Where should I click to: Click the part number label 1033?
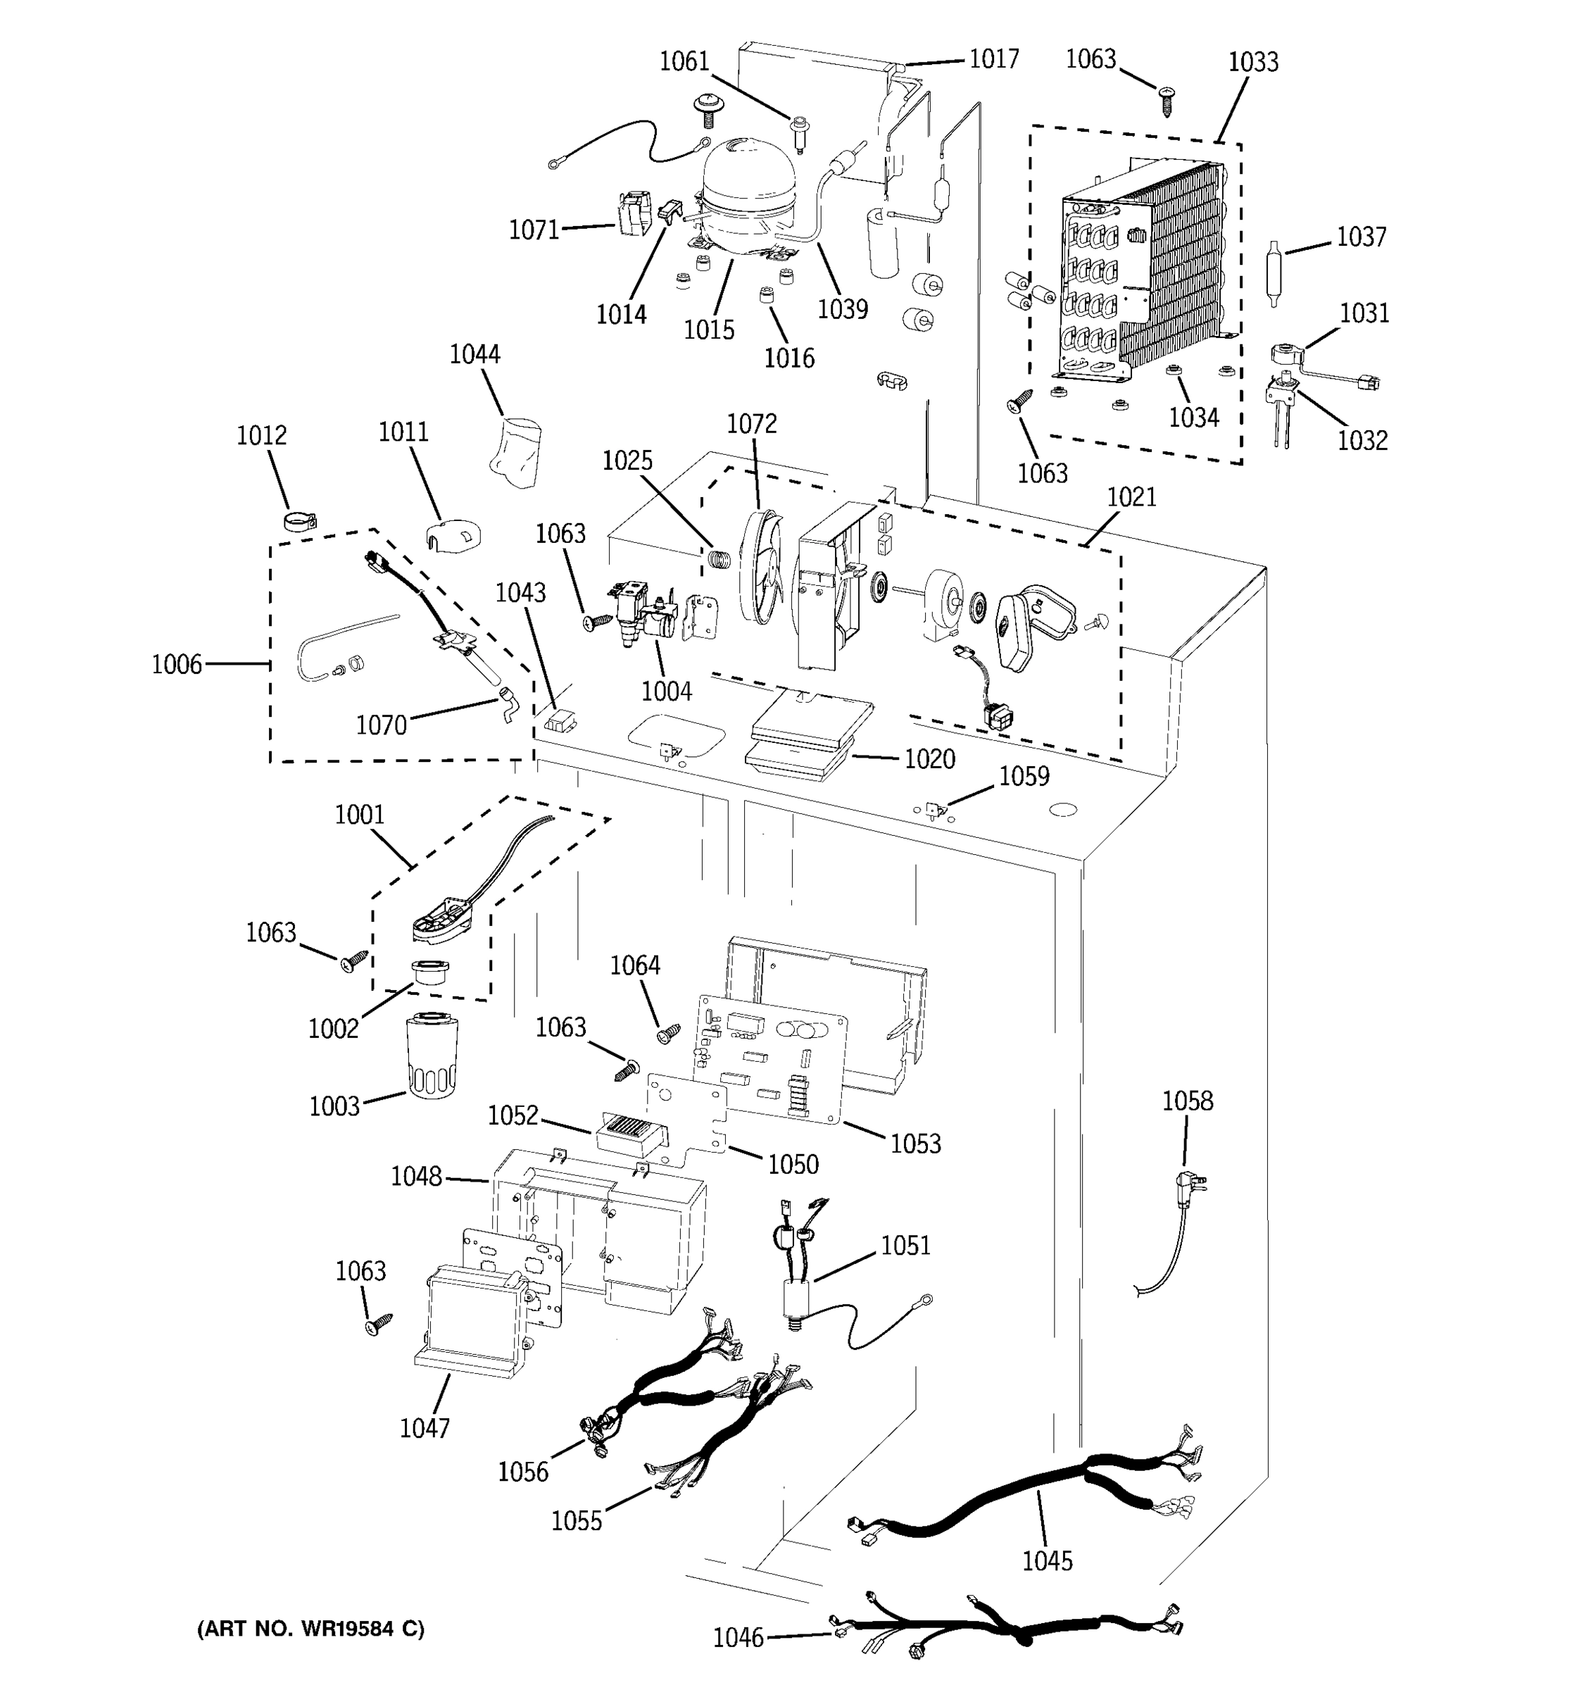(1252, 62)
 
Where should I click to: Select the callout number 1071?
(534, 230)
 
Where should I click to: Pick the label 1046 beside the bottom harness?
(738, 1636)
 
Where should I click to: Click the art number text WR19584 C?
(311, 1629)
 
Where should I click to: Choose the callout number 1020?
(930, 758)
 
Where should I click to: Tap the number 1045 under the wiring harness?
(1047, 1560)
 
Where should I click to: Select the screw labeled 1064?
(666, 1033)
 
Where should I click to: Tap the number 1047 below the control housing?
(425, 1428)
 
